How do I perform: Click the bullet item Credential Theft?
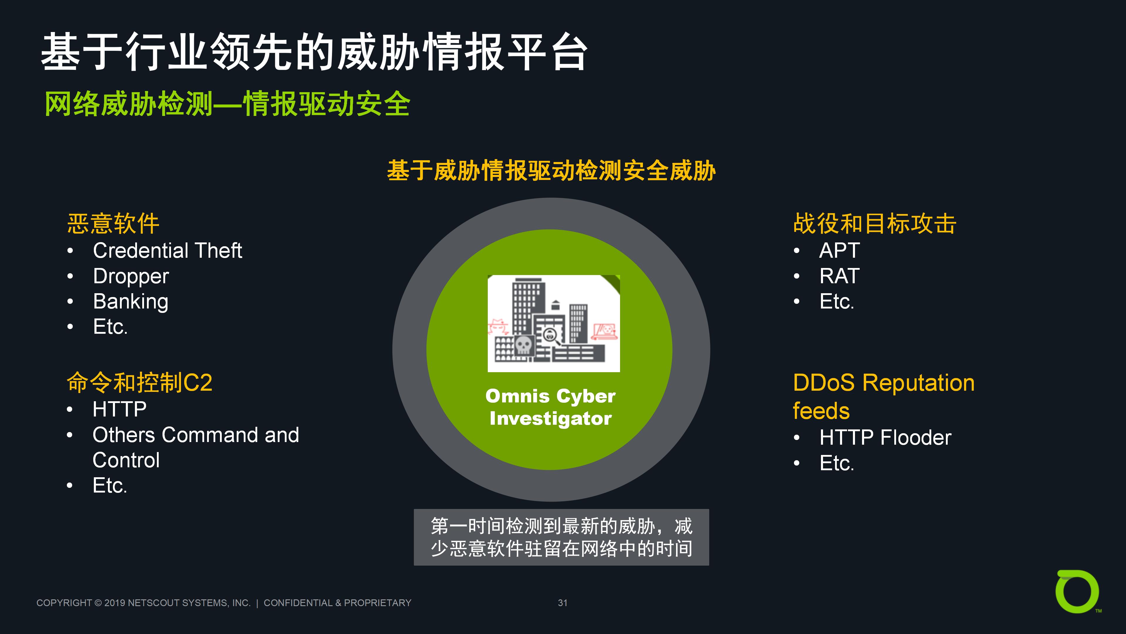click(x=167, y=251)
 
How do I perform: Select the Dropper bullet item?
click(x=131, y=276)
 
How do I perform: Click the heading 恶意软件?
click(x=113, y=224)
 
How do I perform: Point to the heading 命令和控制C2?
click(x=139, y=382)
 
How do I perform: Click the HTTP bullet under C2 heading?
click(x=119, y=409)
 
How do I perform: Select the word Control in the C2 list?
click(x=126, y=460)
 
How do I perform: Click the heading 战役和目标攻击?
click(x=875, y=224)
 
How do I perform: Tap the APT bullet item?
click(x=839, y=251)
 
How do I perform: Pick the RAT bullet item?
click(x=839, y=276)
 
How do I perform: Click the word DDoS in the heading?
click(x=824, y=383)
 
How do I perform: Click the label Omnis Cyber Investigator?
click(x=550, y=407)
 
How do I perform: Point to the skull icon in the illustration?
click(x=523, y=345)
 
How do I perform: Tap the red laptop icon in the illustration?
click(x=604, y=331)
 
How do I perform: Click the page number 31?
click(x=563, y=603)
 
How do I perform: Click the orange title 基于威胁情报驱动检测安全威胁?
click(x=551, y=171)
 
